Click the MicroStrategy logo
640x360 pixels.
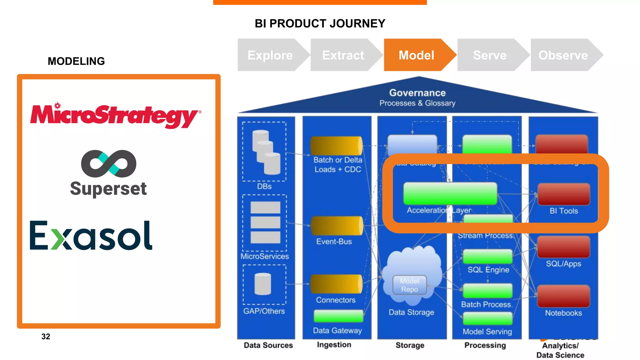point(115,115)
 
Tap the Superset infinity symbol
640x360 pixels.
point(108,163)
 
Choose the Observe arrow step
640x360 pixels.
point(563,55)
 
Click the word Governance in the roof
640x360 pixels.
point(417,93)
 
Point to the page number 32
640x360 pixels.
point(46,336)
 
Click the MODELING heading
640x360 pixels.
point(76,61)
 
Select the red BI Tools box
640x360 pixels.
point(564,194)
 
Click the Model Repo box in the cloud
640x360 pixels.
point(409,285)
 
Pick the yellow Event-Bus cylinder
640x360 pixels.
point(337,226)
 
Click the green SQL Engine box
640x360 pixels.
point(487,257)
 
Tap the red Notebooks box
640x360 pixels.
point(563,296)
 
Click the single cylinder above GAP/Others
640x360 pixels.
point(263,284)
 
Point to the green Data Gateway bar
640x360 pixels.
point(338,316)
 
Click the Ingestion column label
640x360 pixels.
point(334,344)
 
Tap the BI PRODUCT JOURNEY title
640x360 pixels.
point(320,23)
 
